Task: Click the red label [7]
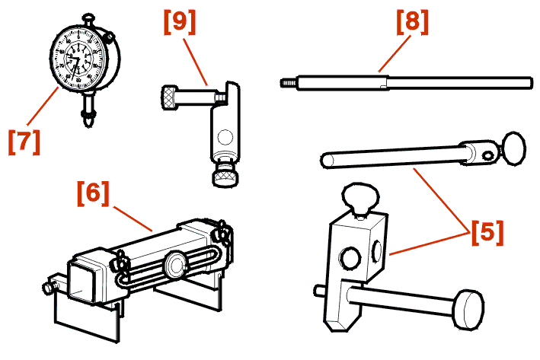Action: coord(24,142)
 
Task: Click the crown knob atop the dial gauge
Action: coord(89,15)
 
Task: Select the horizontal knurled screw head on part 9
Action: coord(171,97)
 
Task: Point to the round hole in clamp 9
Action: coord(224,138)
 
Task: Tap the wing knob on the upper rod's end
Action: coord(513,146)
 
